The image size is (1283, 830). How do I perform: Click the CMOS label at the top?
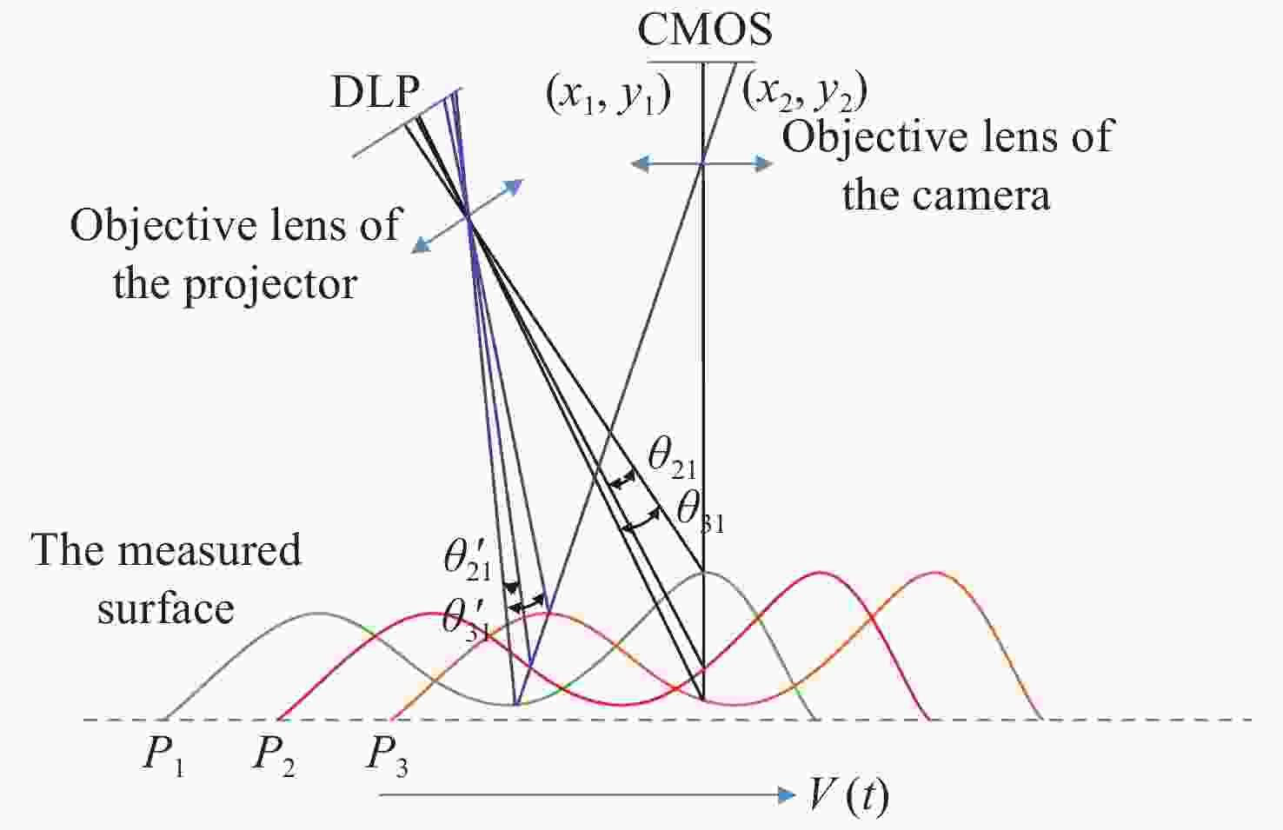point(704,30)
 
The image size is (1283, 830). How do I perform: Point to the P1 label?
point(163,756)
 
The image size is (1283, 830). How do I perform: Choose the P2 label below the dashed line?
point(275,756)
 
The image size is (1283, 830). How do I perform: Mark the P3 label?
point(387,756)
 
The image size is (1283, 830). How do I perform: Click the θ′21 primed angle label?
point(468,560)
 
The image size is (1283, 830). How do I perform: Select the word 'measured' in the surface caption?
point(209,549)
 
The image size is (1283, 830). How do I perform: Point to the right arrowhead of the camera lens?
point(763,163)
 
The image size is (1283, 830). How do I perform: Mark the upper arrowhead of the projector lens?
point(514,186)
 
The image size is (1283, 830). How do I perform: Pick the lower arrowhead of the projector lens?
point(422,245)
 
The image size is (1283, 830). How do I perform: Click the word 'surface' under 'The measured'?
point(165,609)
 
